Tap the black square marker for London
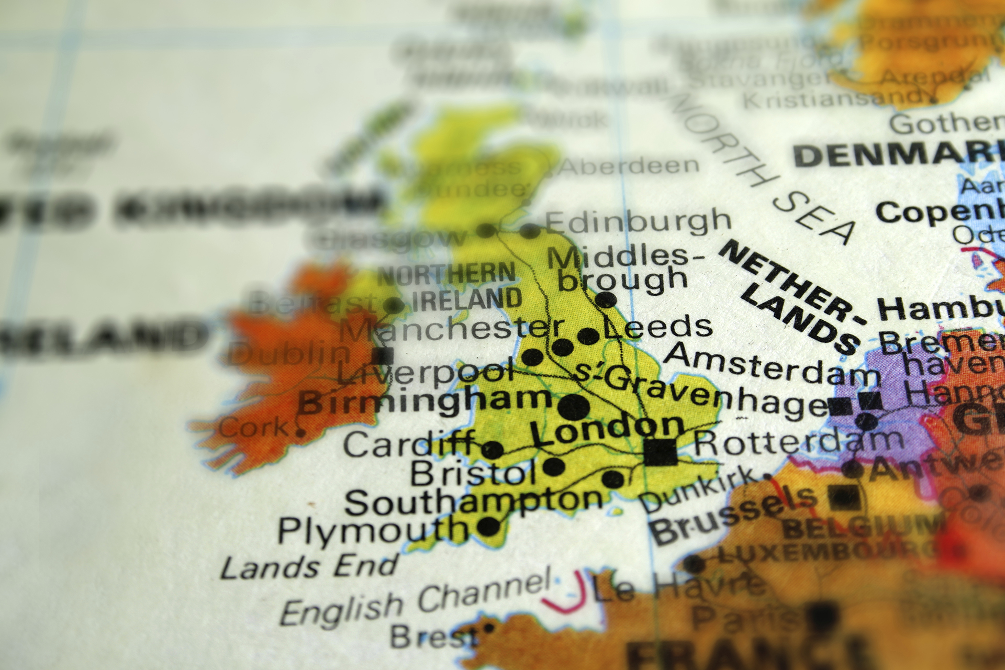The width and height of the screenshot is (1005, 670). [660, 452]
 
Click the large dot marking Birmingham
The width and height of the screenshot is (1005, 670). [574, 407]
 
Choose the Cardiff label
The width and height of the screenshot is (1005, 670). [408, 445]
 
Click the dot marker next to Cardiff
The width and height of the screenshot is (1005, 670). [492, 449]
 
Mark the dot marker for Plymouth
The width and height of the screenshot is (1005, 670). [489, 526]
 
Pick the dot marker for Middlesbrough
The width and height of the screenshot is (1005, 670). [606, 300]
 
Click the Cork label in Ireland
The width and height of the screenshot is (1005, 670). [254, 428]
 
